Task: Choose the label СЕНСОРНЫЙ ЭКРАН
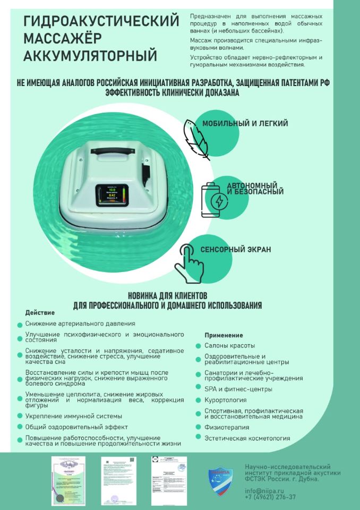(x=236, y=249)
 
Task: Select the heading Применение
(x=224, y=335)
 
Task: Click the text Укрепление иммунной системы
(x=74, y=416)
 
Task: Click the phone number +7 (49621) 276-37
(x=270, y=497)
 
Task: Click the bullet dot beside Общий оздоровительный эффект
(x=20, y=427)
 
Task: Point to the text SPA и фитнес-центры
(x=231, y=389)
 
